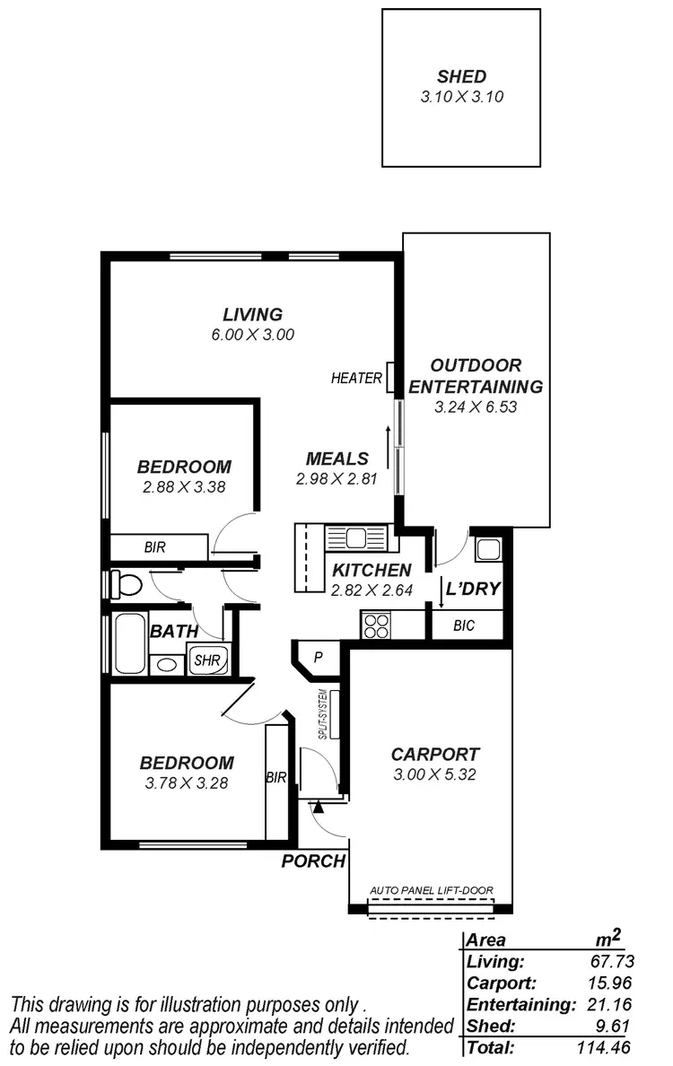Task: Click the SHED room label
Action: [461, 76]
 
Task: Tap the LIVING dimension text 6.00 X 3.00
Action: [252, 334]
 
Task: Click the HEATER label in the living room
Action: [356, 379]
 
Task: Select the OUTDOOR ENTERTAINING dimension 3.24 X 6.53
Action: [476, 406]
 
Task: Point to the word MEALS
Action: [336, 459]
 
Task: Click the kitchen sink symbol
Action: [356, 538]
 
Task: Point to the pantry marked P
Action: [317, 658]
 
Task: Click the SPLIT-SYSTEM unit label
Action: [322, 713]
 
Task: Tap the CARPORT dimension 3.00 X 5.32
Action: [434, 774]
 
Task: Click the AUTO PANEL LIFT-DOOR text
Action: [432, 891]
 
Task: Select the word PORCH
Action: [313, 861]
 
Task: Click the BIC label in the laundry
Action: [465, 625]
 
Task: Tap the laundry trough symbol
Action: [489, 548]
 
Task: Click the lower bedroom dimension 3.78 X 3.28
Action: [187, 783]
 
